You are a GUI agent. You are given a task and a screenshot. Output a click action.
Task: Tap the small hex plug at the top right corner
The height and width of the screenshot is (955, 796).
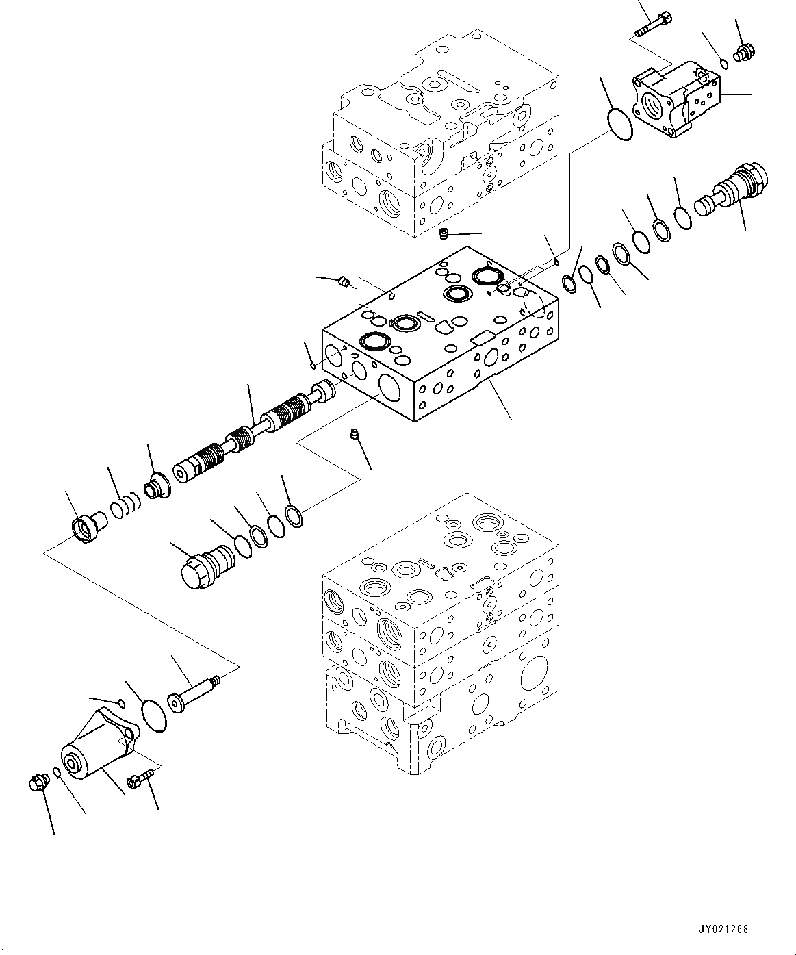(743, 51)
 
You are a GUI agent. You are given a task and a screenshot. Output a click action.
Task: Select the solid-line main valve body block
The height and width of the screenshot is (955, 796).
(438, 342)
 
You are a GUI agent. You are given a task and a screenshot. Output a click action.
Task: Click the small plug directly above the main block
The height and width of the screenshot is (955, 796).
(444, 234)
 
